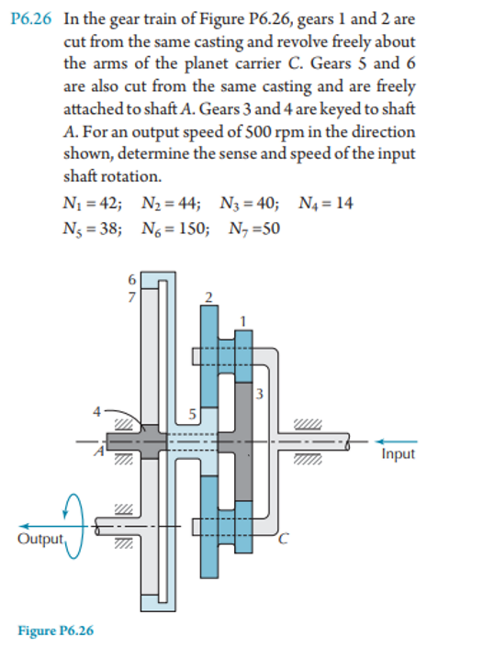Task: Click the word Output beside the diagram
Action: pyautogui.click(x=39, y=538)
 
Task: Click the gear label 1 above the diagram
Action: pyautogui.click(x=243, y=318)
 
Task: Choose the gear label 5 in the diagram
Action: pyautogui.click(x=194, y=412)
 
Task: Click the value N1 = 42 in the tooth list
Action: pyautogui.click(x=93, y=203)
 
